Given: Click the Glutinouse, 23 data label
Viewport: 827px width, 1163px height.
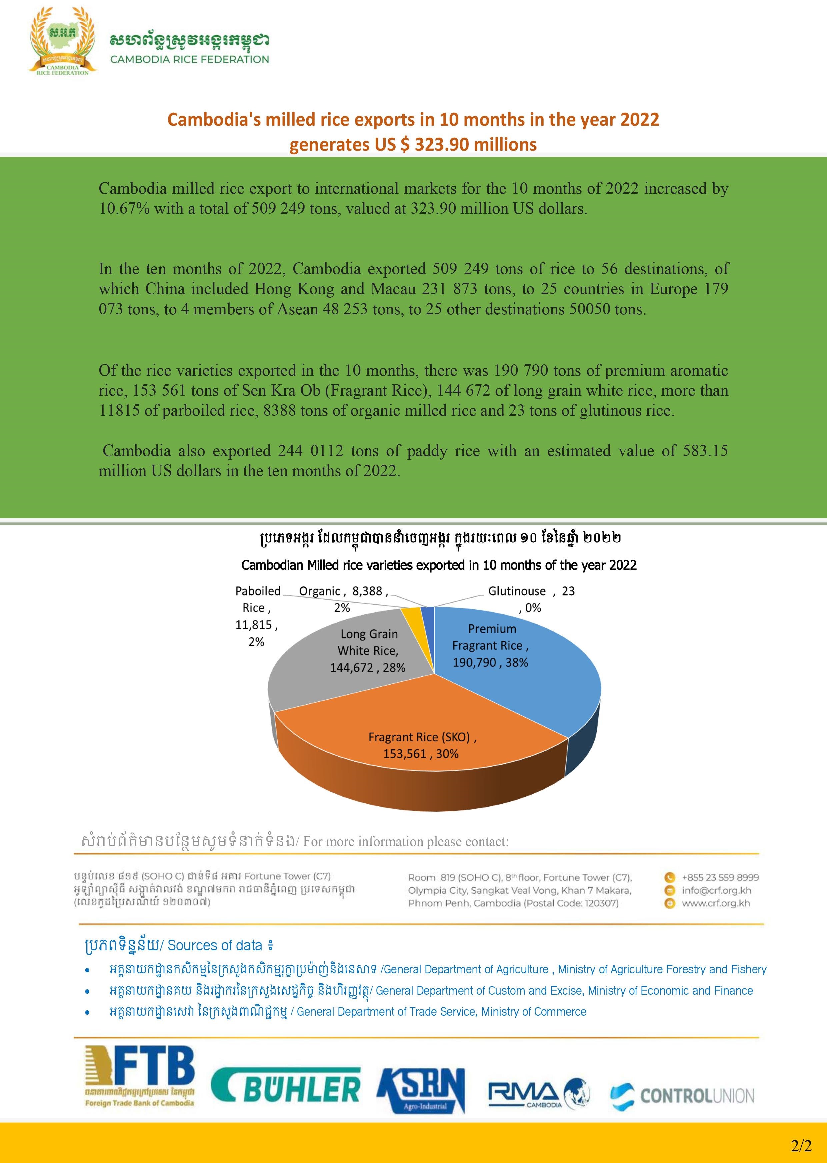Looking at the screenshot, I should (531, 599).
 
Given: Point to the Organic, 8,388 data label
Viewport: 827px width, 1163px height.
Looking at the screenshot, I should (343, 599).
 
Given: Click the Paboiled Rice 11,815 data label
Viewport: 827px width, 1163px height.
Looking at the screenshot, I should (257, 616).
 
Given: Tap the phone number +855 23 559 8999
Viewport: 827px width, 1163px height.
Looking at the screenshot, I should (720, 877).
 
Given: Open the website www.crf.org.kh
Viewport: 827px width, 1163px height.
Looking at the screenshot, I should (715, 903).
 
